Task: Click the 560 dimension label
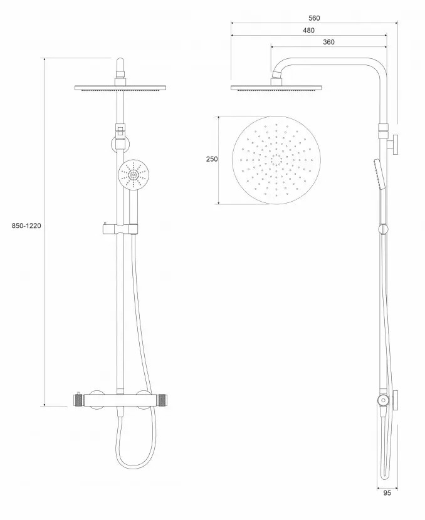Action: pos(314,18)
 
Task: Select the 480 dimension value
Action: pos(308,30)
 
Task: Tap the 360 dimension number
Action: pos(328,42)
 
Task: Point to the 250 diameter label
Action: pos(212,159)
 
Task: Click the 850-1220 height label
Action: pos(26,226)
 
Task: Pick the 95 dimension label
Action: pos(387,493)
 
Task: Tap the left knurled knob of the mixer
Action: pos(78,400)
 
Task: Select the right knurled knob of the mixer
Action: pos(163,400)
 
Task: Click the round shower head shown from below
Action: pos(276,160)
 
